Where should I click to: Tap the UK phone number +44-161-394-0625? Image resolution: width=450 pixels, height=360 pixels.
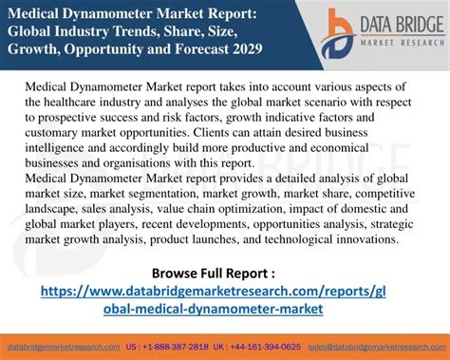[x=274, y=348]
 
